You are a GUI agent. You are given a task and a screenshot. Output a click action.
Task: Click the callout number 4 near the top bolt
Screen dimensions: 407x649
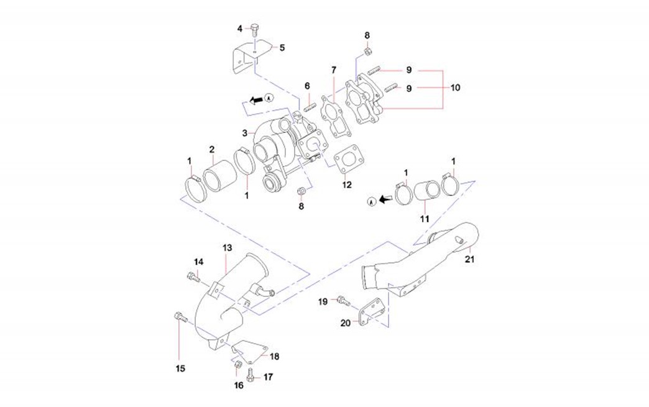click(240, 29)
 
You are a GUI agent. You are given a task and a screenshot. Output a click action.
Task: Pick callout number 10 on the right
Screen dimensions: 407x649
click(455, 88)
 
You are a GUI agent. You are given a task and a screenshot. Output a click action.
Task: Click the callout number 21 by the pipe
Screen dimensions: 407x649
click(470, 260)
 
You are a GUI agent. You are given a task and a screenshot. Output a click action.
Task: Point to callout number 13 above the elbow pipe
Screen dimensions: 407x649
click(226, 247)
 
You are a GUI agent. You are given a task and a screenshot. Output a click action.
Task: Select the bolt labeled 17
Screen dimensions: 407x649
click(251, 375)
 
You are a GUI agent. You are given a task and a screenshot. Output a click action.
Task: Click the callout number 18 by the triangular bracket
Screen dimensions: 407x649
click(274, 357)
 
